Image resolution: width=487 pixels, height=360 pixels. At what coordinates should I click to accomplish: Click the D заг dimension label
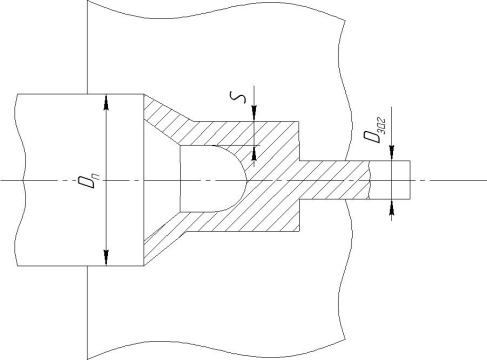coord(375,130)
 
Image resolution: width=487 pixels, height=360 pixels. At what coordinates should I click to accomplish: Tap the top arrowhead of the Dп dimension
coord(106,102)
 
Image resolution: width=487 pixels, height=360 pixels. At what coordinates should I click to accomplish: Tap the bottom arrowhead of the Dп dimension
coord(106,258)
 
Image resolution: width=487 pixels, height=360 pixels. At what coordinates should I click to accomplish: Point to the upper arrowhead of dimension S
coord(254,114)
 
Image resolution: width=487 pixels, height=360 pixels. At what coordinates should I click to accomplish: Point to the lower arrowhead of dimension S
coord(254,153)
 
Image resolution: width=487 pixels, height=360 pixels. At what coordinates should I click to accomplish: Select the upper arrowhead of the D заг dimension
coord(392,153)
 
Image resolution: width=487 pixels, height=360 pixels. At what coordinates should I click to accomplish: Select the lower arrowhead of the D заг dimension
coord(392,207)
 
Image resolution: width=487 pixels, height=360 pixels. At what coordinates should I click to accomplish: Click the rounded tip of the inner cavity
coord(246,180)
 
